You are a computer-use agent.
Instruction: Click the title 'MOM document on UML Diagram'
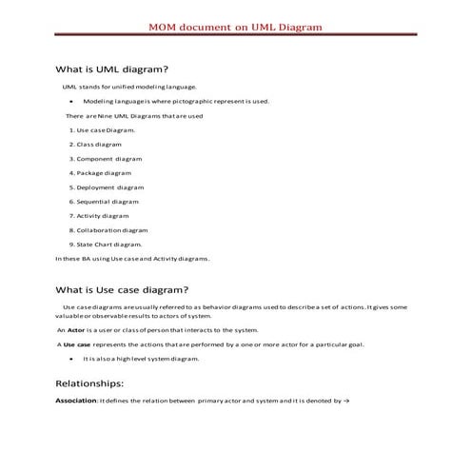point(235,27)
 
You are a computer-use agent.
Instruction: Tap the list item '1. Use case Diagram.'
point(102,129)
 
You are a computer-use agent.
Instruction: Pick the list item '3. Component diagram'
point(105,158)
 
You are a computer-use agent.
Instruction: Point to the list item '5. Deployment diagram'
point(106,187)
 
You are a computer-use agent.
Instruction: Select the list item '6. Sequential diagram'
point(104,202)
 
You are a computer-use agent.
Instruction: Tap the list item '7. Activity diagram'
point(99,216)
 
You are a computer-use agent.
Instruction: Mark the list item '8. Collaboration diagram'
point(108,230)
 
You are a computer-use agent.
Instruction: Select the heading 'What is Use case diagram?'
point(122,289)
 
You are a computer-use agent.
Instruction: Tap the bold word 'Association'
point(76,402)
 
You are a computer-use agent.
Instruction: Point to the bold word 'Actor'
point(75,329)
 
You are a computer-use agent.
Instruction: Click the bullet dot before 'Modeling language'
point(72,100)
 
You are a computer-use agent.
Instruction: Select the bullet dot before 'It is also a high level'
point(72,359)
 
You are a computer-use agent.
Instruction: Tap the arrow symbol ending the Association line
point(348,402)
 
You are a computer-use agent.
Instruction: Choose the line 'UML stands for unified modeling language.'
point(129,86)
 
